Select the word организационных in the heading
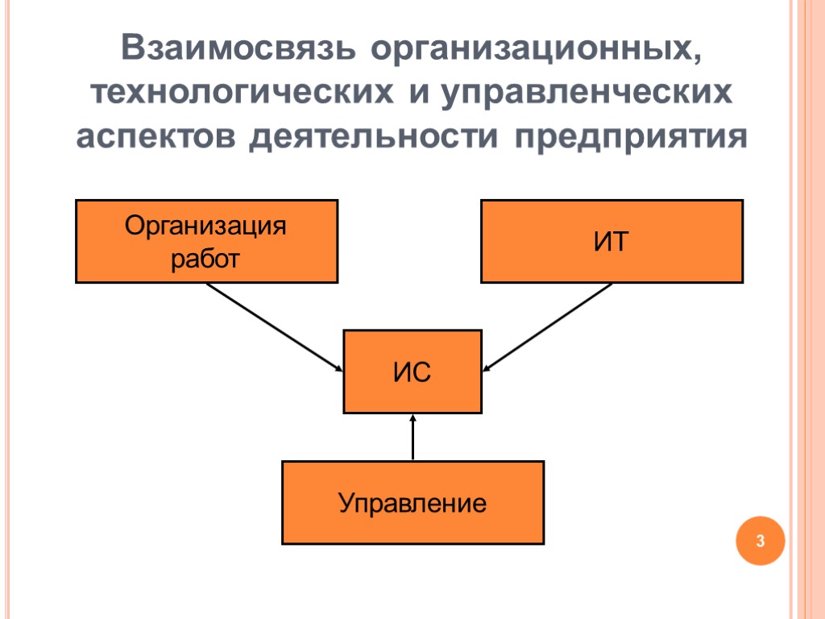[535, 50]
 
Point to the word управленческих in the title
[587, 93]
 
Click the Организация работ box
[206, 242]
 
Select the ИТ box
[611, 242]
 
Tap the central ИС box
[412, 372]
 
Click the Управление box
[412, 502]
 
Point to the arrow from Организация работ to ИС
[274, 326]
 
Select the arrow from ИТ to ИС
[548, 326]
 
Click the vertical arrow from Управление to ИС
[412, 438]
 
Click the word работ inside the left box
[205, 259]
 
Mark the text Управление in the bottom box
[412, 504]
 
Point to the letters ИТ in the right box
[611, 242]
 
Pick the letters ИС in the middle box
[412, 372]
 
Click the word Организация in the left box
[205, 226]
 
